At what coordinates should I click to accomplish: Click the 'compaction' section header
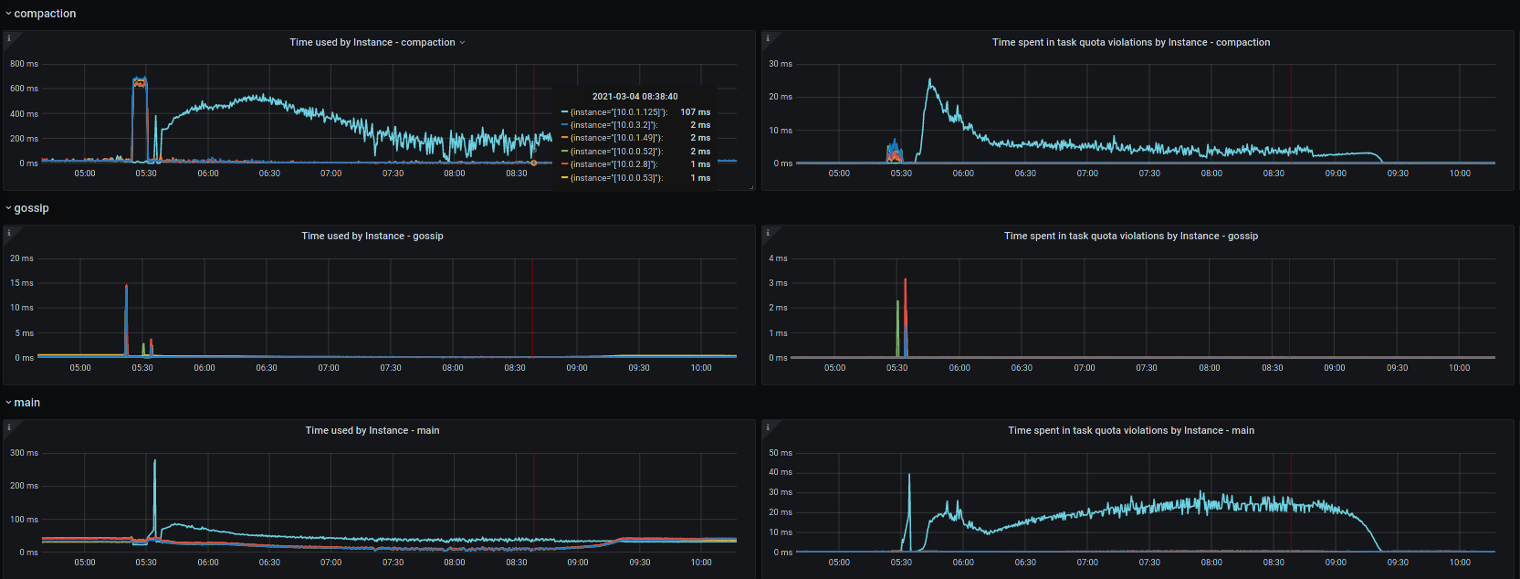pos(45,14)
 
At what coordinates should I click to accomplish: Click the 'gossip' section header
pos(31,208)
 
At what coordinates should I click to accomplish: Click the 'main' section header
pos(26,403)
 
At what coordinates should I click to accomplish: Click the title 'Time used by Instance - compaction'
pos(372,42)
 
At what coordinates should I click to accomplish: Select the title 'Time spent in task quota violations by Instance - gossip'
pos(1131,236)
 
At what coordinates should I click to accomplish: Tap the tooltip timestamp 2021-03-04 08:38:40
pos(634,96)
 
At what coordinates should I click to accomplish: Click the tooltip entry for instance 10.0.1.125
pos(618,112)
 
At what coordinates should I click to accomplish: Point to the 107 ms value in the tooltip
pos(695,112)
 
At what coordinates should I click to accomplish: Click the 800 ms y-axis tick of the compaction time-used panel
pos(24,64)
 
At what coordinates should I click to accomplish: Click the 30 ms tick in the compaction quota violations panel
pos(781,64)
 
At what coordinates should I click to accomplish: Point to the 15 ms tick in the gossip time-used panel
pos(22,283)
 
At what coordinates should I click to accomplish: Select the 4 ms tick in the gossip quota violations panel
pos(778,258)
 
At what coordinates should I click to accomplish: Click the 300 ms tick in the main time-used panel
pos(24,453)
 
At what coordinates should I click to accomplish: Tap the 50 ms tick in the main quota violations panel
pos(781,453)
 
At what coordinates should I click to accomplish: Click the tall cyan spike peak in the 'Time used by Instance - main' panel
pos(154,460)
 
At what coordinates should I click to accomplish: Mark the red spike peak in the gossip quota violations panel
pos(905,279)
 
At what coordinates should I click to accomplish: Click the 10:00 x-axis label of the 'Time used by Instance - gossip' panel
pos(701,368)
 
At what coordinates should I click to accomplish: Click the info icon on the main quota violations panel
pos(768,427)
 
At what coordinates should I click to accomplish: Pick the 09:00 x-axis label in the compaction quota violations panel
pos(1336,174)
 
